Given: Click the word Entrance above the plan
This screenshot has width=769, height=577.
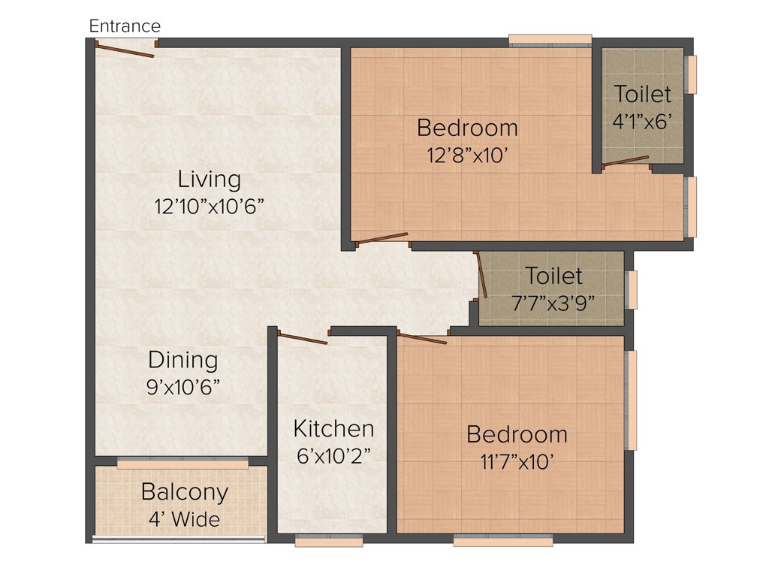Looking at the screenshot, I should (125, 26).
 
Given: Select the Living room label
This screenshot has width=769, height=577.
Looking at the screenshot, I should (210, 180).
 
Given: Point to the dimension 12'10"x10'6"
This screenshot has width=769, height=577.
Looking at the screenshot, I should (210, 207).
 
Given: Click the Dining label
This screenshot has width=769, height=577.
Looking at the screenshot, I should (183, 360).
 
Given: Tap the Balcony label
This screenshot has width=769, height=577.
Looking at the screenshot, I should (185, 493).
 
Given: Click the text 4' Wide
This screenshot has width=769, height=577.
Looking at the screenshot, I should (185, 518).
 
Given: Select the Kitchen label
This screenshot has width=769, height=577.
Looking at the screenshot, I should (333, 429).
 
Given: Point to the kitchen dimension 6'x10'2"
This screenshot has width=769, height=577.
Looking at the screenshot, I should (333, 455).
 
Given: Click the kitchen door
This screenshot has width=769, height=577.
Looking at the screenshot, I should (303, 339).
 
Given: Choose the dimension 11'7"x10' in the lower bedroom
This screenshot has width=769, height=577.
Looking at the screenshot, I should (517, 461).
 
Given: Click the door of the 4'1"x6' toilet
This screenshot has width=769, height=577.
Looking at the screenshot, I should (626, 161).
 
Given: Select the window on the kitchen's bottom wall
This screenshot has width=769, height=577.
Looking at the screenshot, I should (329, 540).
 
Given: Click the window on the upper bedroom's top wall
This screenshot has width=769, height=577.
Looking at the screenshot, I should (550, 39).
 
